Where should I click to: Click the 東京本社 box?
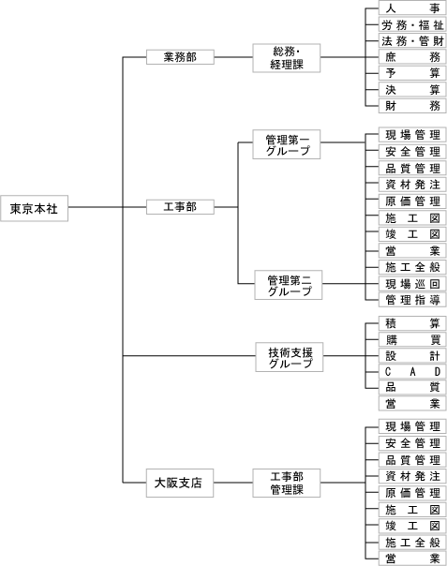point(34,208)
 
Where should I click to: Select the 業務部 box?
point(180,57)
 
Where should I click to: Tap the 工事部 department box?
point(180,207)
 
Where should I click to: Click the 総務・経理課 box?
point(287,58)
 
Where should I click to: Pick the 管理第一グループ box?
point(287,144)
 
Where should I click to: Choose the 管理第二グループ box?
point(288,285)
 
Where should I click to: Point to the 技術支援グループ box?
point(290,357)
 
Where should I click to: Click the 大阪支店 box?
point(180,483)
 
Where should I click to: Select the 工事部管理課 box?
point(287,483)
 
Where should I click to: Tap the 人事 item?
point(412,7)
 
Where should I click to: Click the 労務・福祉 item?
point(412,25)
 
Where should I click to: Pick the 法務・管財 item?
point(412,41)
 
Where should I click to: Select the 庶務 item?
point(412,57)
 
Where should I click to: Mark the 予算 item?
point(412,73)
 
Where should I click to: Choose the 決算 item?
point(412,90)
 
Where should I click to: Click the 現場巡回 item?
point(412,284)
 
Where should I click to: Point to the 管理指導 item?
point(412,300)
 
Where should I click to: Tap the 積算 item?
point(412,323)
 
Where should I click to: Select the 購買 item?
point(412,339)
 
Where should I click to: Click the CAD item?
point(412,372)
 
